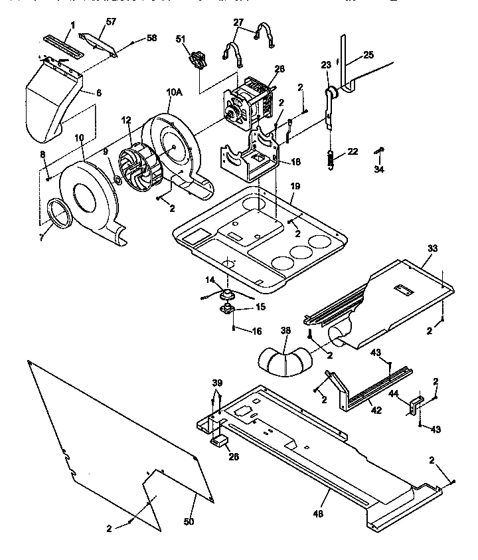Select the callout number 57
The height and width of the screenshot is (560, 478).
point(111,22)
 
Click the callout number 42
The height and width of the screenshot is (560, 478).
point(376,411)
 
